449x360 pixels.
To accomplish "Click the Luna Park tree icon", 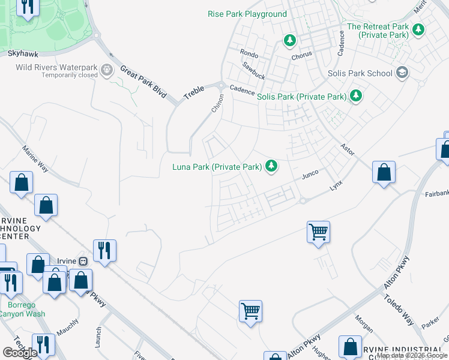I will click(x=271, y=166).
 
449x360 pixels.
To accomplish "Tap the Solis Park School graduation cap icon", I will click(x=402, y=73).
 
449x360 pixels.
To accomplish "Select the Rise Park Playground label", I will click(x=247, y=14).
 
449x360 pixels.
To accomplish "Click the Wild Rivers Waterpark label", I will click(x=56, y=67).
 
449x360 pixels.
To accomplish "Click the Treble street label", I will click(x=194, y=93).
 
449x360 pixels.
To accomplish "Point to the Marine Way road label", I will click(x=34, y=157).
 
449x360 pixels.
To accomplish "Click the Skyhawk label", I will click(x=23, y=53).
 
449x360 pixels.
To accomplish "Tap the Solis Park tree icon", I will click(x=356, y=95).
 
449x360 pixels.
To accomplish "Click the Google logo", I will click(x=20, y=353).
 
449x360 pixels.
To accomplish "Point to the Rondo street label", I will click(x=249, y=53).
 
